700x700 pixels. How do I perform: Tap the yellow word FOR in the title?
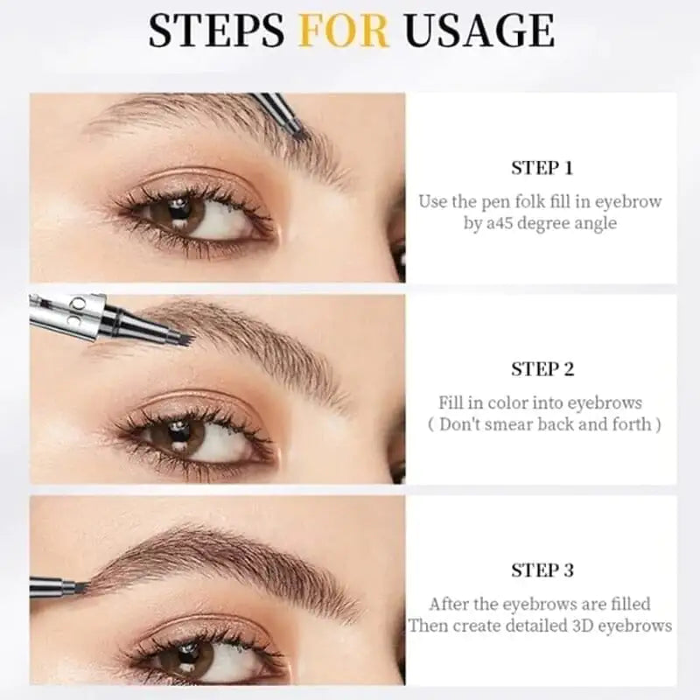click(x=344, y=31)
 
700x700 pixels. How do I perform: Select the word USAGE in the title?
click(x=479, y=31)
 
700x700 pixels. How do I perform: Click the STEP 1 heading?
click(x=542, y=168)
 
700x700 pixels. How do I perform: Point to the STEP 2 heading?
click(x=542, y=369)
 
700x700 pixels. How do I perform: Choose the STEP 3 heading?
click(x=542, y=570)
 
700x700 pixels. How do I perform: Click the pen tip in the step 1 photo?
click(x=295, y=129)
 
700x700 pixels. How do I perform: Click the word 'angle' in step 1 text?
click(x=594, y=223)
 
